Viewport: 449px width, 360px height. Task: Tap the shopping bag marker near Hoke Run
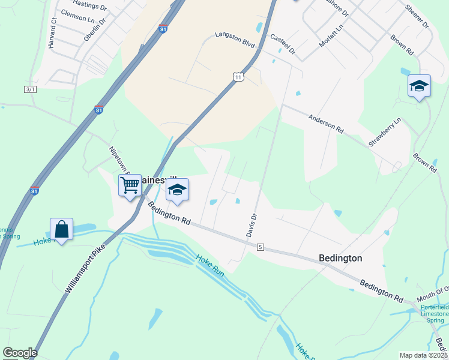pyautogui.click(x=61, y=229)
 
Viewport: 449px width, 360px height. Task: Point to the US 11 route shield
pyautogui.click(x=238, y=77)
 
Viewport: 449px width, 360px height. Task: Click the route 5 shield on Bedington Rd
pyautogui.click(x=260, y=247)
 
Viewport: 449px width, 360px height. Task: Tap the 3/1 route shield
pyautogui.click(x=30, y=89)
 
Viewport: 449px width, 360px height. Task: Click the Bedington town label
pyautogui.click(x=340, y=258)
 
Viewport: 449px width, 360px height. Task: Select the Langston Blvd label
pyautogui.click(x=235, y=40)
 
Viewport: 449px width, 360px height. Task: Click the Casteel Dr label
pyautogui.click(x=283, y=44)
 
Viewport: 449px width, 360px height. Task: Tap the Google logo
pyautogui.click(x=20, y=353)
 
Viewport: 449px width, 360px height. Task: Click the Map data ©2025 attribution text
pyautogui.click(x=423, y=355)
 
